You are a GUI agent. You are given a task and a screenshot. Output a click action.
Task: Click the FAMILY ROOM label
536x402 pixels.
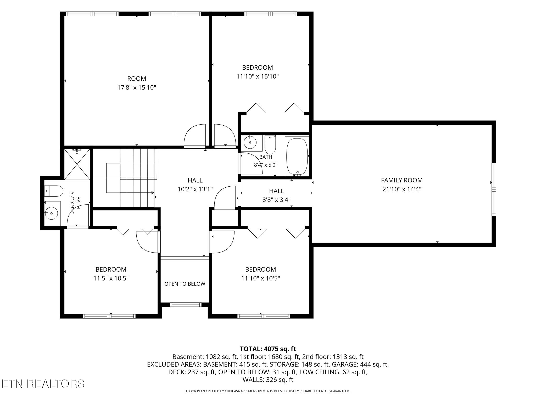402,180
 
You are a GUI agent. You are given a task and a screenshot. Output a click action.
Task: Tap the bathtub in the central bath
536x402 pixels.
297,156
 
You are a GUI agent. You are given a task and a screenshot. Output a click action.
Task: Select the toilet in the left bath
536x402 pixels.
54,191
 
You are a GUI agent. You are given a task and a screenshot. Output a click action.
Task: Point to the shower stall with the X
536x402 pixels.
77,164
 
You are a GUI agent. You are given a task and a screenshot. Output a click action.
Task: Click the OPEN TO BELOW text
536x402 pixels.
185,284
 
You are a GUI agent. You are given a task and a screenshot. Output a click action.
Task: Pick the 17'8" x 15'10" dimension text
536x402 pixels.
137,87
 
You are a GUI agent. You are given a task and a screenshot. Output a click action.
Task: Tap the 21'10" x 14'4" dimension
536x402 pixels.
402,189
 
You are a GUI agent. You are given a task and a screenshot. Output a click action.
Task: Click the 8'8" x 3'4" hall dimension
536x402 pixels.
277,200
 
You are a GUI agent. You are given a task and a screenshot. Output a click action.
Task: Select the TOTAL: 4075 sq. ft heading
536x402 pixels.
268,349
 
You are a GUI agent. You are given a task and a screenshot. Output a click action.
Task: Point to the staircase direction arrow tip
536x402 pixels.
154,193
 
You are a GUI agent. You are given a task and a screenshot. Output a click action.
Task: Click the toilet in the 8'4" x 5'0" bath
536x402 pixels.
270,145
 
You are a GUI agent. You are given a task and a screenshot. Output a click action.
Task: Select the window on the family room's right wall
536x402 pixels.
494,189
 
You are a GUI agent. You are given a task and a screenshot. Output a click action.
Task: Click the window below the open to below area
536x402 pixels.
186,304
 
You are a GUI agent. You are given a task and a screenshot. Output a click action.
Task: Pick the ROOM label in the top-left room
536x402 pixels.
137,79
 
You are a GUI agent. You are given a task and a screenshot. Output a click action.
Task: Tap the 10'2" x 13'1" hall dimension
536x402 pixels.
195,189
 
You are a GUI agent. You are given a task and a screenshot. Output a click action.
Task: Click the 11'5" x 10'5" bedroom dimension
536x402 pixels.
111,278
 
